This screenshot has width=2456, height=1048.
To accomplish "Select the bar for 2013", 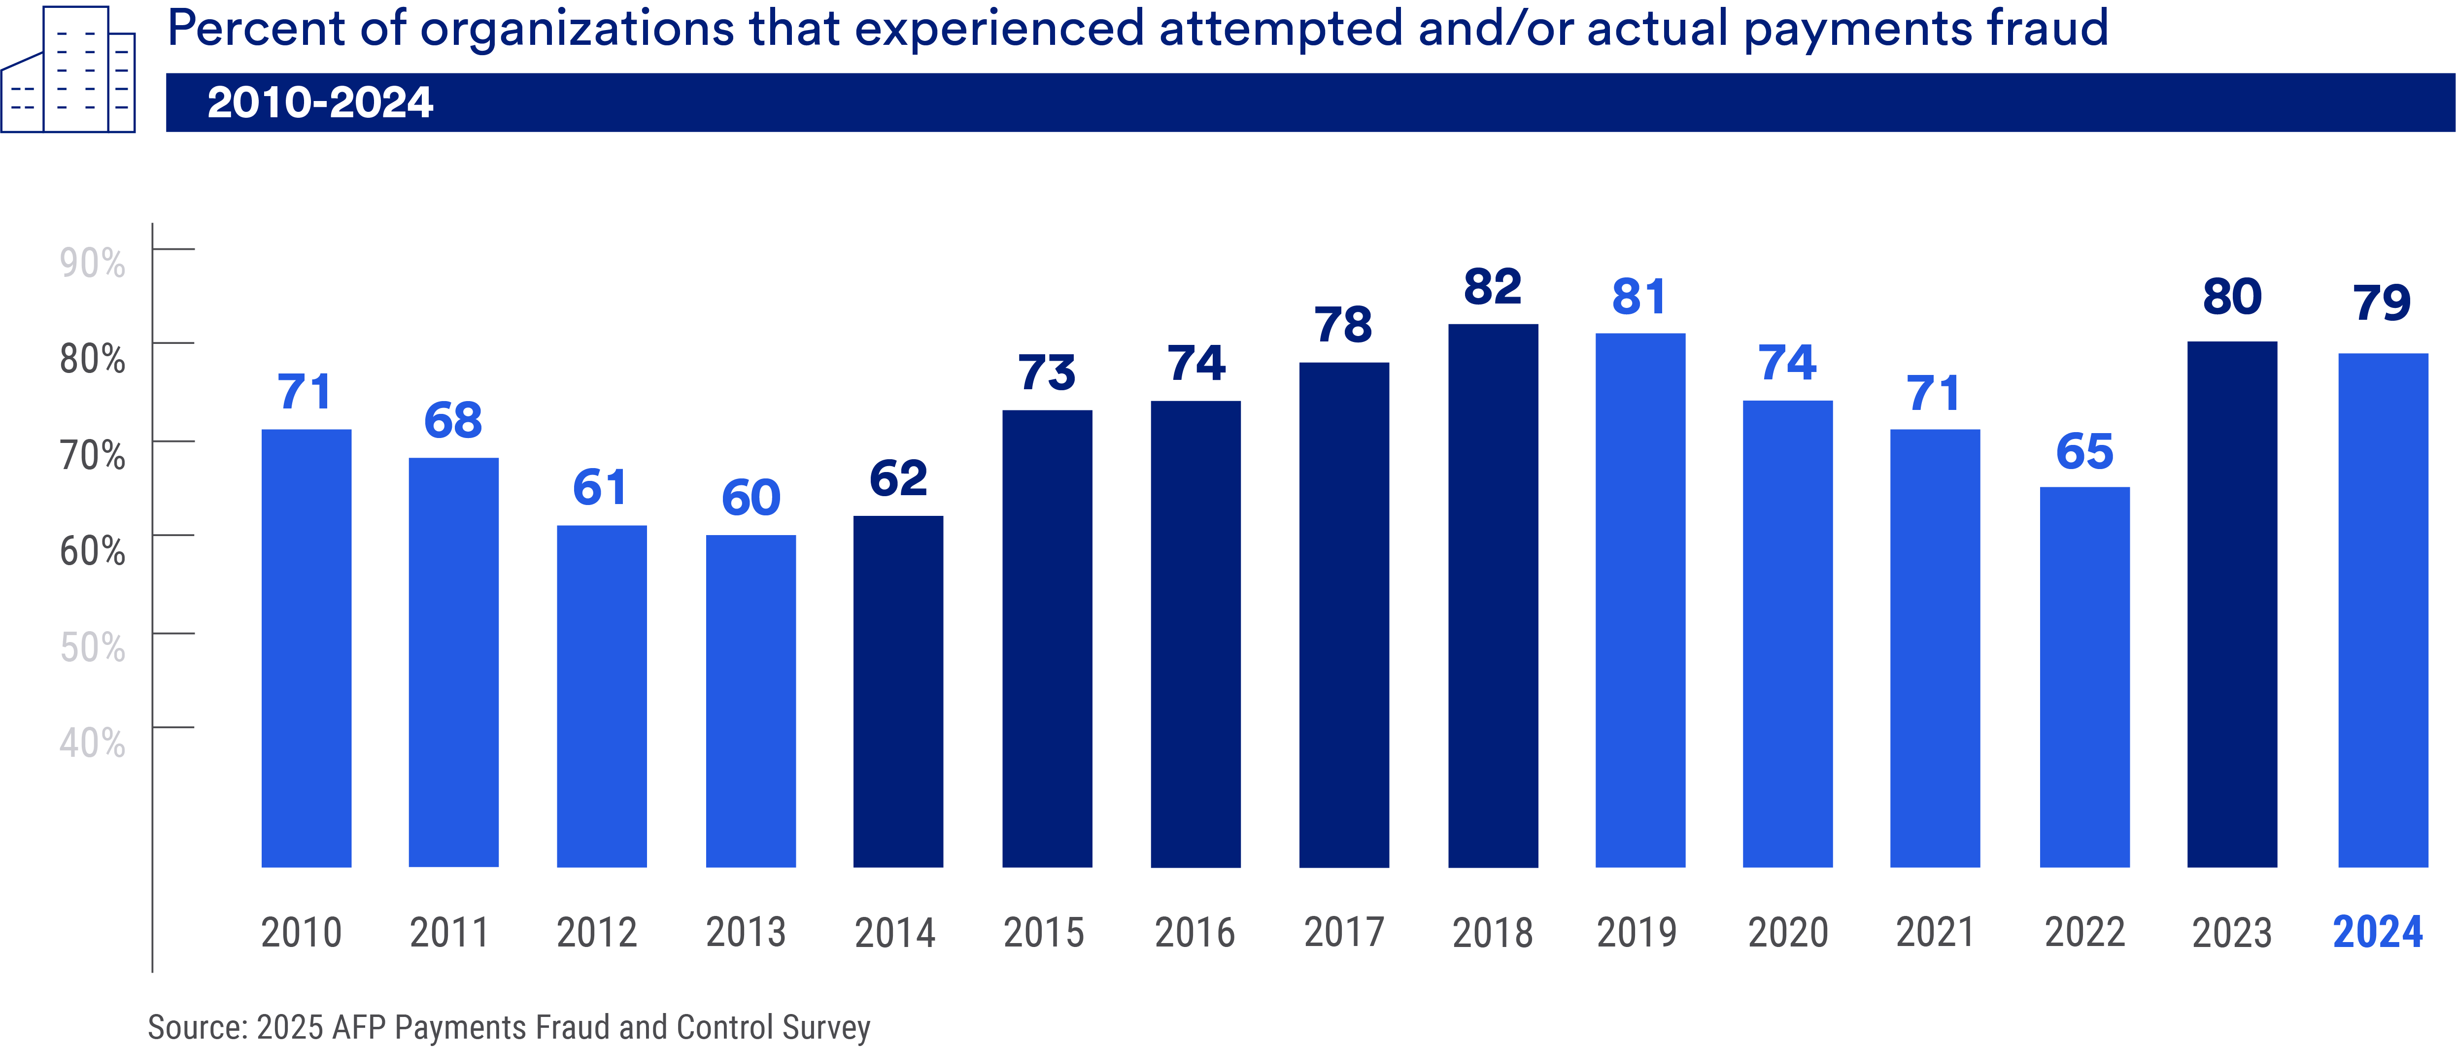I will click(x=750, y=701).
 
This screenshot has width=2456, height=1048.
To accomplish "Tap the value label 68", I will click(x=453, y=421).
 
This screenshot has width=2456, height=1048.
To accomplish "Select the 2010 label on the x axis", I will click(x=301, y=932).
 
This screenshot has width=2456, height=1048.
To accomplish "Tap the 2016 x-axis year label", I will click(x=1194, y=932).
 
